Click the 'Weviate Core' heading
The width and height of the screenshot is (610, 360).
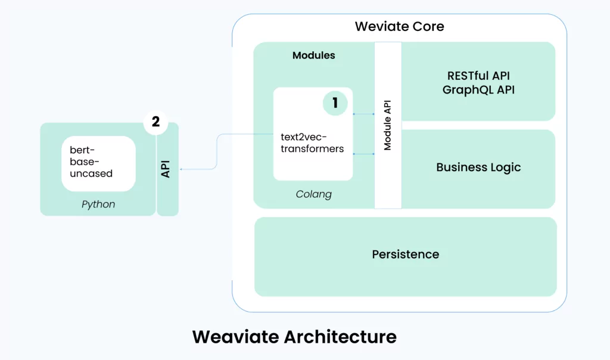[399, 26]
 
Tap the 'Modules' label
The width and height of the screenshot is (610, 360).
[313, 55]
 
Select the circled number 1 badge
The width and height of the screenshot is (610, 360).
[335, 103]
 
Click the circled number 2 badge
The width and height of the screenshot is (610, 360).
[155, 122]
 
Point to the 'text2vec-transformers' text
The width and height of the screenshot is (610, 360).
[312, 143]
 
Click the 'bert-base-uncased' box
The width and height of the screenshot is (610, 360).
[98, 163]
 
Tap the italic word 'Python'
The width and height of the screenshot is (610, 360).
[98, 204]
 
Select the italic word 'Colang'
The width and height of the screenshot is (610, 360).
[313, 194]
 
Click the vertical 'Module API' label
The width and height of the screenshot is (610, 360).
[387, 125]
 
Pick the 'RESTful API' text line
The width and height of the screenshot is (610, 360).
[478, 76]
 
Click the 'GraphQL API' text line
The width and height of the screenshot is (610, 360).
[478, 90]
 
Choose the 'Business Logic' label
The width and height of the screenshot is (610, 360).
[478, 167]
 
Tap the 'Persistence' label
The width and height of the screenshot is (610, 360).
[405, 255]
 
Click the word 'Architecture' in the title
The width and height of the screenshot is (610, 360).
[340, 337]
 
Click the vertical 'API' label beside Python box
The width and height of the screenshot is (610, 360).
[166, 169]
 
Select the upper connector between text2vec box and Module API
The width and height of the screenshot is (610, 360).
[364, 114]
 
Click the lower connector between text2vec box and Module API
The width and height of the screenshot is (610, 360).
[364, 154]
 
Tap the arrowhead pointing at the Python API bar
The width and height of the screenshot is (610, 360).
[181, 169]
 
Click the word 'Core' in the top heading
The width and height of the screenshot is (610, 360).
[428, 26]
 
